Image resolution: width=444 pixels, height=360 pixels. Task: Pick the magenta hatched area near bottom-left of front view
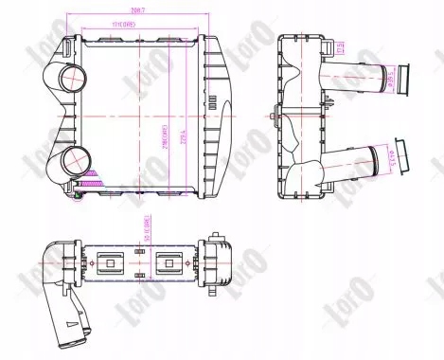[93, 176]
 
